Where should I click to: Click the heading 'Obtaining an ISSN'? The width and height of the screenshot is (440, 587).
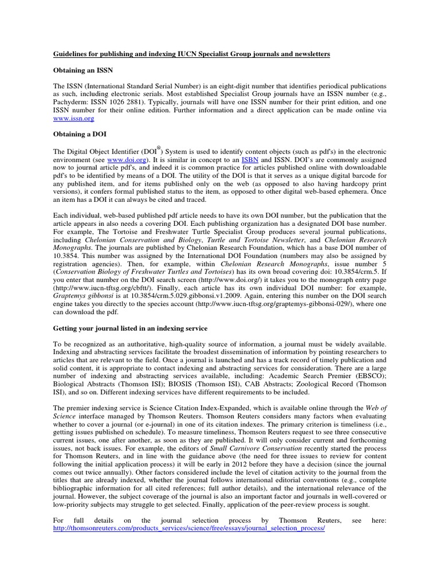tap(83, 69)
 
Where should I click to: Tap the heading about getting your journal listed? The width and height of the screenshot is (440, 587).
tap(131, 328)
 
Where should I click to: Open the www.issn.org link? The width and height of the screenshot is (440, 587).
tap(74, 118)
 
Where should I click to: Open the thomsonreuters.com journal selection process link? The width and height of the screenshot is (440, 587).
tap(189, 529)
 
